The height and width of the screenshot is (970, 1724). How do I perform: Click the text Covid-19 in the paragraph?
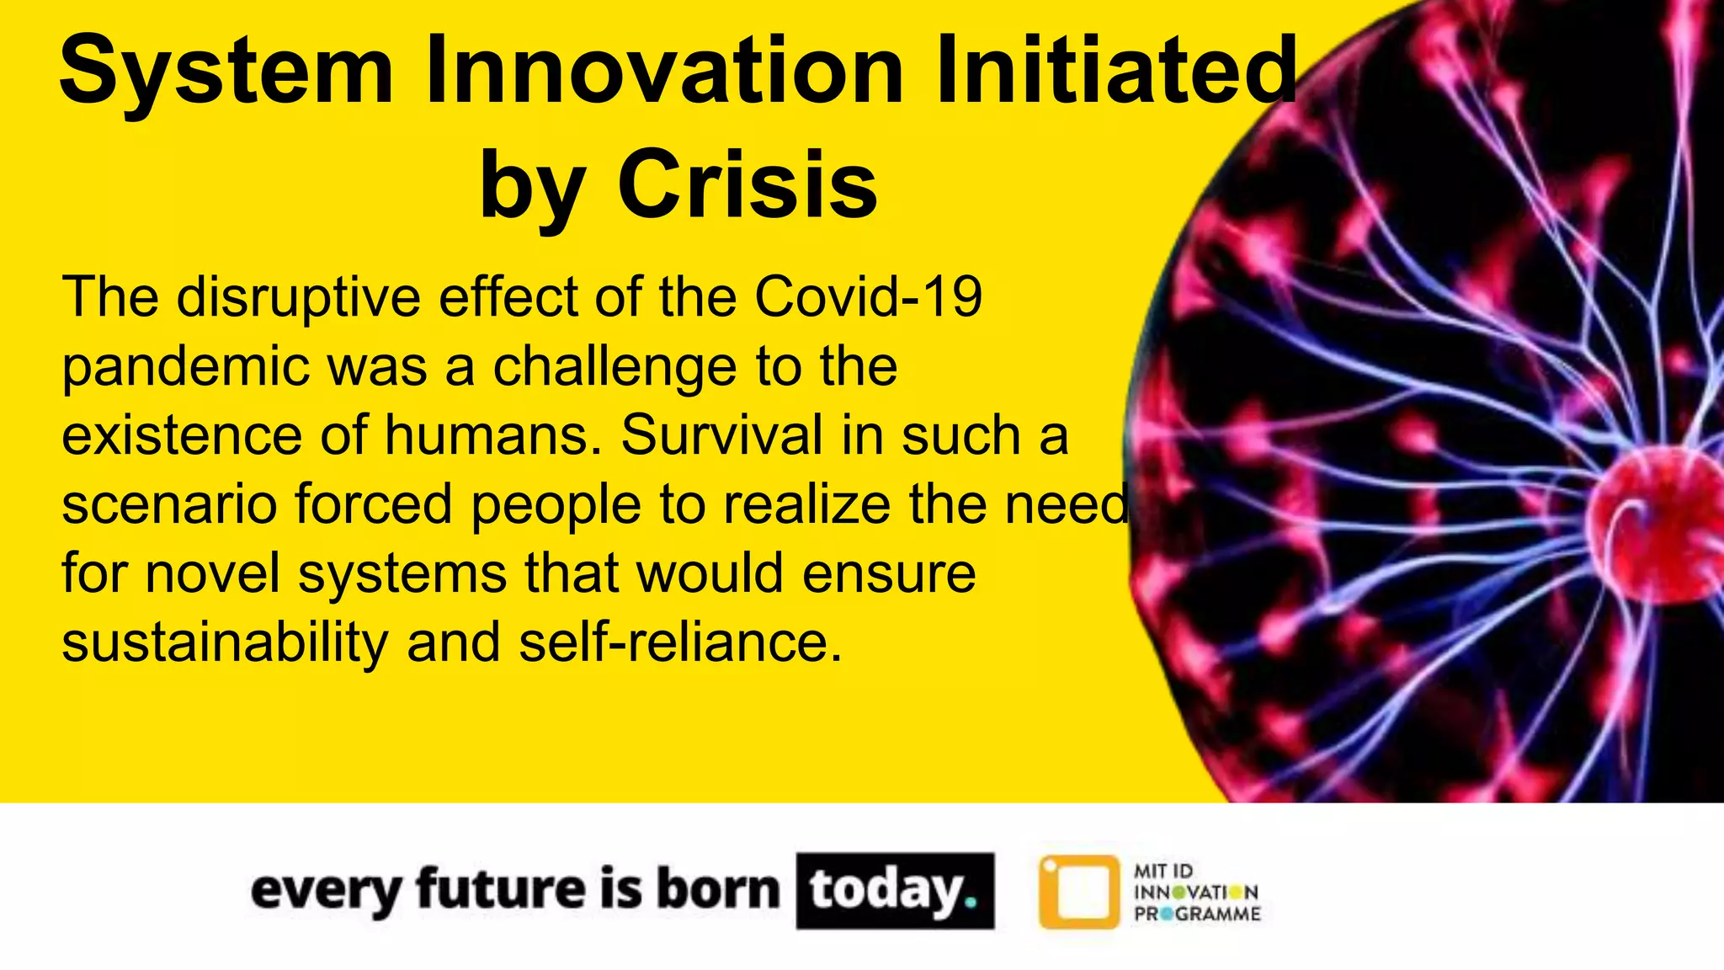click(868, 297)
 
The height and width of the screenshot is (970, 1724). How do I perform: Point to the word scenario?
click(169, 504)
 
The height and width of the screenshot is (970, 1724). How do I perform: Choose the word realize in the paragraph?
click(806, 504)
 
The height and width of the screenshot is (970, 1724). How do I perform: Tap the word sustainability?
click(225, 643)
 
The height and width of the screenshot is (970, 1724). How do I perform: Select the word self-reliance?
click(680, 642)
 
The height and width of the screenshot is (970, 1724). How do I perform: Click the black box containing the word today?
click(895, 891)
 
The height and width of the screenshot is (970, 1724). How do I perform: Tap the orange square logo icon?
click(1079, 892)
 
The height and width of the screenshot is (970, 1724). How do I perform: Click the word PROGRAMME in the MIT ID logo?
click(1197, 914)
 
